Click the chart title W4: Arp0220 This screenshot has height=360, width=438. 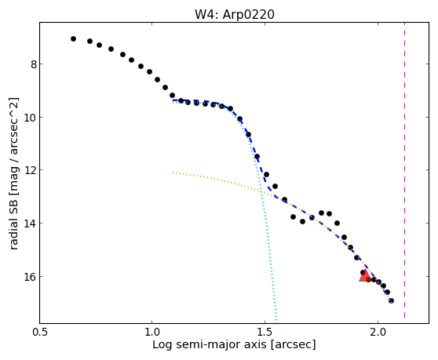click(235, 14)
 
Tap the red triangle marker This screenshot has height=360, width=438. click(365, 275)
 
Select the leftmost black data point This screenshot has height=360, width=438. click(73, 38)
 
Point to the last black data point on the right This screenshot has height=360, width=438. click(391, 300)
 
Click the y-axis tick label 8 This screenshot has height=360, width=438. click(34, 64)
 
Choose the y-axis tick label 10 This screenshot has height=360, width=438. click(31, 118)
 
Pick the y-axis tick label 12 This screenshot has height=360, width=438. click(31, 170)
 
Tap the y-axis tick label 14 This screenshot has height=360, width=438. click(31, 224)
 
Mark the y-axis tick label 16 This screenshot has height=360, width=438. click(31, 277)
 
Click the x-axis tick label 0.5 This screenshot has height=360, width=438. click(40, 333)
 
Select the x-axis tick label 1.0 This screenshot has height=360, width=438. click(151, 333)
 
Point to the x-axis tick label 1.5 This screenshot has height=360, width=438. click(265, 333)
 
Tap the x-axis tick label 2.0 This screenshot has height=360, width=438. click(378, 333)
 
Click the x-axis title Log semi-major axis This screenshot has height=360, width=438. click(210, 345)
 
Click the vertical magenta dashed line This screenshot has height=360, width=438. click(404, 170)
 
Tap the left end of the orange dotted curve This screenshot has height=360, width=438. click(173, 173)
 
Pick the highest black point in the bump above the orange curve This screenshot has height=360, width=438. click(321, 213)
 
